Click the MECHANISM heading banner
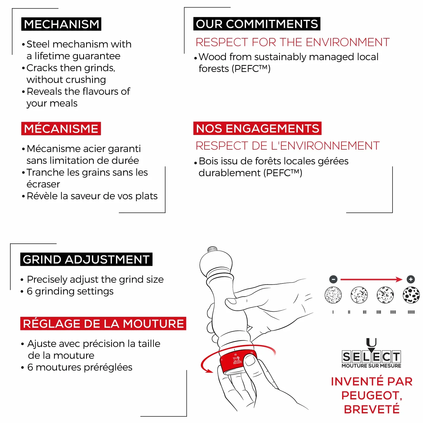(x=61, y=24)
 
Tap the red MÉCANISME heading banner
(x=61, y=128)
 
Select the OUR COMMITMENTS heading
(x=257, y=24)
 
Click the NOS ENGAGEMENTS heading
(x=257, y=128)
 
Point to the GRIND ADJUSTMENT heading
(x=86, y=259)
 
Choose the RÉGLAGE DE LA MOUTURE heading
(x=103, y=323)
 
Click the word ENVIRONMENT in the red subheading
(x=348, y=42)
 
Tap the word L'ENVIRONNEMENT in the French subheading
(x=325, y=146)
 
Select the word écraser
(x=43, y=184)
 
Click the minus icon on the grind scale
(x=333, y=279)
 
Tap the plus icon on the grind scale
(x=411, y=279)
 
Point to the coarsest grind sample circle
(x=411, y=295)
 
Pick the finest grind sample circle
(x=333, y=295)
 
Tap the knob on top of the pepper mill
(x=212, y=249)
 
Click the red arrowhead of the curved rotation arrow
(x=209, y=371)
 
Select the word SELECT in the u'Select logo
(x=371, y=357)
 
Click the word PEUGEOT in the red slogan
(x=371, y=395)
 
